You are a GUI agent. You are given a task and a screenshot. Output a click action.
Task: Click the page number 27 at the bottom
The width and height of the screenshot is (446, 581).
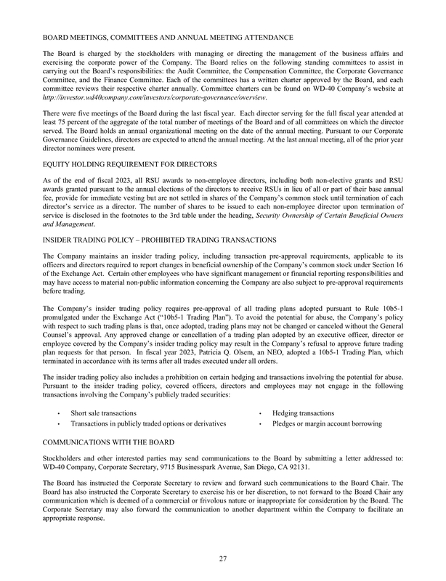pos(223,558)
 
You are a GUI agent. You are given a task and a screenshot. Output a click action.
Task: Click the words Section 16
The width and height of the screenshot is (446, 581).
pos(384,266)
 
